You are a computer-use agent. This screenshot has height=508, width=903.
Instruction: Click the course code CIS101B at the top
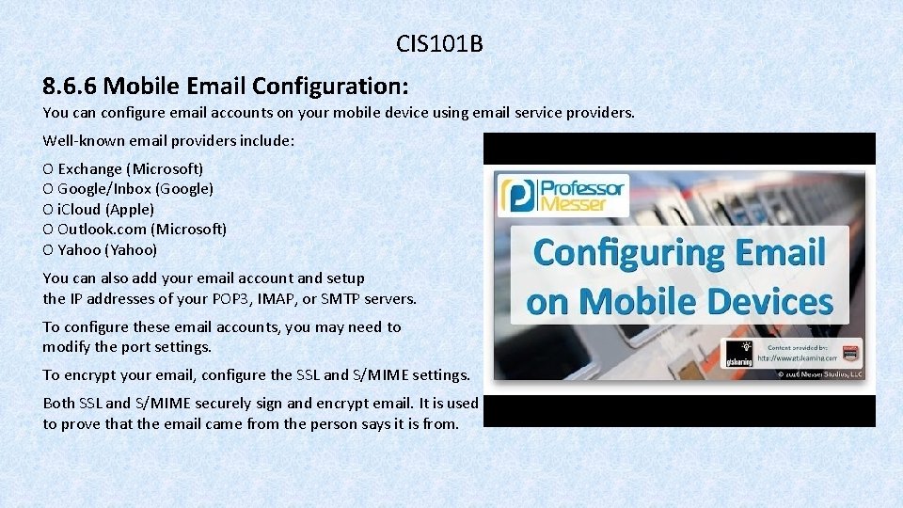[439, 43]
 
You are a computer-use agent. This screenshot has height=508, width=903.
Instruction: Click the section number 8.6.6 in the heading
[70, 87]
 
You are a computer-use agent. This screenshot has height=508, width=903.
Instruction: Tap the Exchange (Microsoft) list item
[130, 169]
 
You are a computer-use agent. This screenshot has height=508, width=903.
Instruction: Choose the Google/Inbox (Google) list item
[135, 189]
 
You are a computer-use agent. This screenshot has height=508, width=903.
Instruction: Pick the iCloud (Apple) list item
[105, 210]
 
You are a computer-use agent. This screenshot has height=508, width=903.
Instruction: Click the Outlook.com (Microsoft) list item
[142, 230]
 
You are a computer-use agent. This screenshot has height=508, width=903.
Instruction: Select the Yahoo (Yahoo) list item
[107, 250]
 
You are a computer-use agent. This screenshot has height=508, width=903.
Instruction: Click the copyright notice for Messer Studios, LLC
[818, 373]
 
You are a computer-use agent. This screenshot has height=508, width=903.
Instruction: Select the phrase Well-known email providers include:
[168, 140]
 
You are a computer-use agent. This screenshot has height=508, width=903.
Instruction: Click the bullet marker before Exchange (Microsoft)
[48, 169]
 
